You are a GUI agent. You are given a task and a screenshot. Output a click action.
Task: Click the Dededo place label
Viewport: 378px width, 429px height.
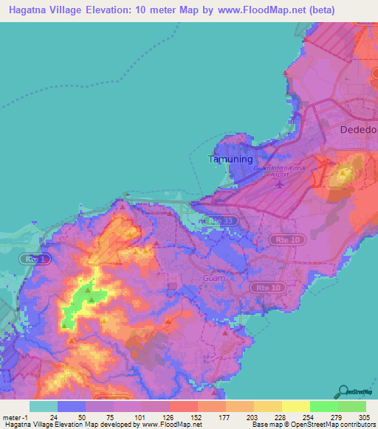click(x=357, y=130)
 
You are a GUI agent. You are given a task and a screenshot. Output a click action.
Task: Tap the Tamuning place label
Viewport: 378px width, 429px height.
click(x=231, y=159)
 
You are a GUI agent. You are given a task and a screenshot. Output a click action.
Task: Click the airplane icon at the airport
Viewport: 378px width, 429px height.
click(x=280, y=183)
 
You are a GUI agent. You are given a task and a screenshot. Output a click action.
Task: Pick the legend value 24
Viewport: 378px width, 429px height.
click(x=53, y=417)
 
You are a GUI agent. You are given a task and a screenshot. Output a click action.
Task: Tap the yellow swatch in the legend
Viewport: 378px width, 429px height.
click(x=295, y=406)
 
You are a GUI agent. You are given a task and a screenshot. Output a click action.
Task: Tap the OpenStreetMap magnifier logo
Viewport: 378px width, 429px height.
click(x=345, y=391)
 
